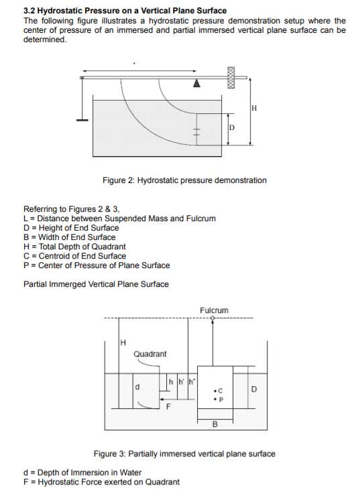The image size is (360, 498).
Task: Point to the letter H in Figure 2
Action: click(x=254, y=109)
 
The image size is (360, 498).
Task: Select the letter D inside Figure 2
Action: click(x=232, y=127)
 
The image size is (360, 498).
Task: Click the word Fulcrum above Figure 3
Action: click(x=214, y=310)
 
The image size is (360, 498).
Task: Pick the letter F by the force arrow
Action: click(x=168, y=406)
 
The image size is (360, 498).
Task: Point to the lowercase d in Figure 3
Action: click(x=138, y=387)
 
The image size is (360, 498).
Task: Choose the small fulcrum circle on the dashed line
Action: click(x=213, y=318)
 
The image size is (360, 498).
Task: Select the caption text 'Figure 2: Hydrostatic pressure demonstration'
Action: click(x=184, y=180)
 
